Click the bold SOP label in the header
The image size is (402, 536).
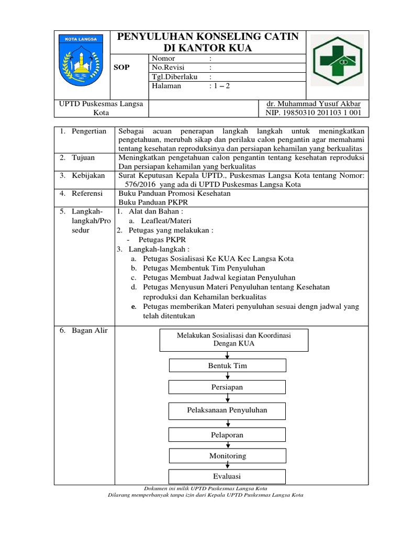coord(121,68)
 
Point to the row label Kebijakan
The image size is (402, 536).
coord(88,175)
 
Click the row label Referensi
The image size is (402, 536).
coord(87,193)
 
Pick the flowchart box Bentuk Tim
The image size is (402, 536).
coord(227,365)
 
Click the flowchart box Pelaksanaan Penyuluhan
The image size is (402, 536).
coord(227,410)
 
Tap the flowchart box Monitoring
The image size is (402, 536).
coord(227,456)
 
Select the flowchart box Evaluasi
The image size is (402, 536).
coord(227,476)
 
